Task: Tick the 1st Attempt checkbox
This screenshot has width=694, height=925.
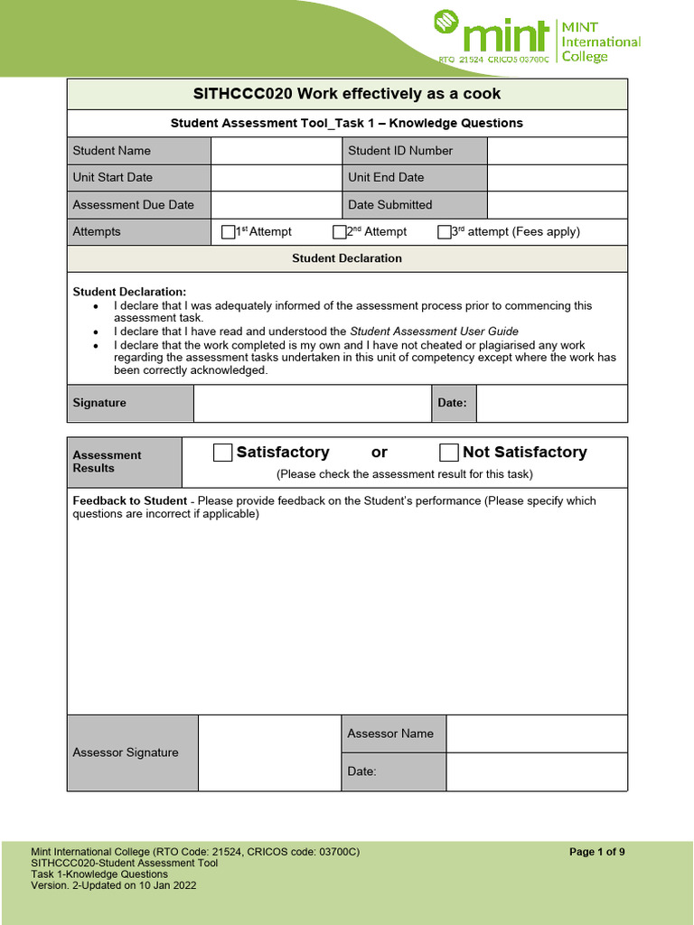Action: [x=228, y=232]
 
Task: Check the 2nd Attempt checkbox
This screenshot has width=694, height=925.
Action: [x=340, y=232]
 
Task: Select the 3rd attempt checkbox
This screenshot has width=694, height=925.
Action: [x=444, y=232]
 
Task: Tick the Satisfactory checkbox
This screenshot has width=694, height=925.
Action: [x=222, y=453]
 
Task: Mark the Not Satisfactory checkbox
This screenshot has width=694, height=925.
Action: [x=448, y=453]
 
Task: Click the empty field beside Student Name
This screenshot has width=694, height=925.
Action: [x=276, y=151]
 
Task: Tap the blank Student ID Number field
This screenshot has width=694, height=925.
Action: [x=557, y=151]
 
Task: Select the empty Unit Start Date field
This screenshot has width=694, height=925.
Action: [x=276, y=178]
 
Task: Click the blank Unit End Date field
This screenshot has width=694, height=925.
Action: [x=557, y=178]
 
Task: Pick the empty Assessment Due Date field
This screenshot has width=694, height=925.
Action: [x=276, y=205]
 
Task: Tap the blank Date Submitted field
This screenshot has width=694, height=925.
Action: [x=557, y=205]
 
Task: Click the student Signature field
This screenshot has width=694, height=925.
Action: [x=312, y=403]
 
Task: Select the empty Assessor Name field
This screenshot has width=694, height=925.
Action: [x=537, y=733]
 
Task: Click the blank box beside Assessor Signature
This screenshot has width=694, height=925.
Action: [x=269, y=752]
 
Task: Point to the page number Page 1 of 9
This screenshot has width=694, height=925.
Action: [x=597, y=852]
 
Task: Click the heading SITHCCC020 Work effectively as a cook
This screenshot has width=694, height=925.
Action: [x=347, y=94]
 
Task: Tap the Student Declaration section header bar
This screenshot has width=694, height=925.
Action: [x=347, y=258]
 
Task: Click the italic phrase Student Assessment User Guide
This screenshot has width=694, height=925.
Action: [x=434, y=332]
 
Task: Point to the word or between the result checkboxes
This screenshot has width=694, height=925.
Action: [x=380, y=453]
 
